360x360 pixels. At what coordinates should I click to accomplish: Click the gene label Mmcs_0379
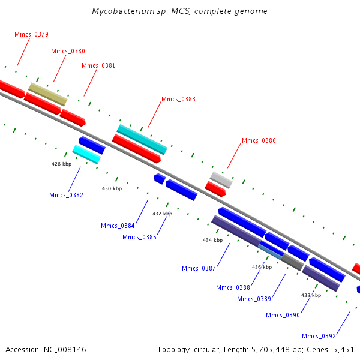click(31, 34)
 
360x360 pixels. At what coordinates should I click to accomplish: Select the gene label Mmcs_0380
click(68, 51)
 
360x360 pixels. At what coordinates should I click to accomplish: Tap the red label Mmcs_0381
click(98, 65)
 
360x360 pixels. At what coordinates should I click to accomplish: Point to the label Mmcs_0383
click(178, 99)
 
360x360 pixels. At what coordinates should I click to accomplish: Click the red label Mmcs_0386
click(259, 140)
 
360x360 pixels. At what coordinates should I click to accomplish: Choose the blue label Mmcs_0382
click(66, 195)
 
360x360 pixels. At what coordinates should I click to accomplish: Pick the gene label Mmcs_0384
click(118, 226)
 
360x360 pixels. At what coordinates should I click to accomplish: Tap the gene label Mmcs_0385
click(139, 237)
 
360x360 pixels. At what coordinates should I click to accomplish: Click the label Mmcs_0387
click(199, 268)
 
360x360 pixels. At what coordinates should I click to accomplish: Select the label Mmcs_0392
click(319, 336)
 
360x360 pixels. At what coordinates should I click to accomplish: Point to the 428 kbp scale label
click(62, 164)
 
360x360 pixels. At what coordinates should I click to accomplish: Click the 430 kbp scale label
click(112, 188)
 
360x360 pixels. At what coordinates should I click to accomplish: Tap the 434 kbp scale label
click(212, 240)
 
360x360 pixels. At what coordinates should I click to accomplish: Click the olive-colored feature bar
click(48, 94)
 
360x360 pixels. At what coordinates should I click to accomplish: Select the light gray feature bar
click(221, 180)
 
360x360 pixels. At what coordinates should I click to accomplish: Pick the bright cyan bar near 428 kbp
click(86, 154)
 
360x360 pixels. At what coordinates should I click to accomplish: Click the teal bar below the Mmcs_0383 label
click(142, 140)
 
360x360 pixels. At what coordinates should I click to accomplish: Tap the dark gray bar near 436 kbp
click(292, 262)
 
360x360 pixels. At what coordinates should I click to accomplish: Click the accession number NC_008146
click(65, 350)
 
